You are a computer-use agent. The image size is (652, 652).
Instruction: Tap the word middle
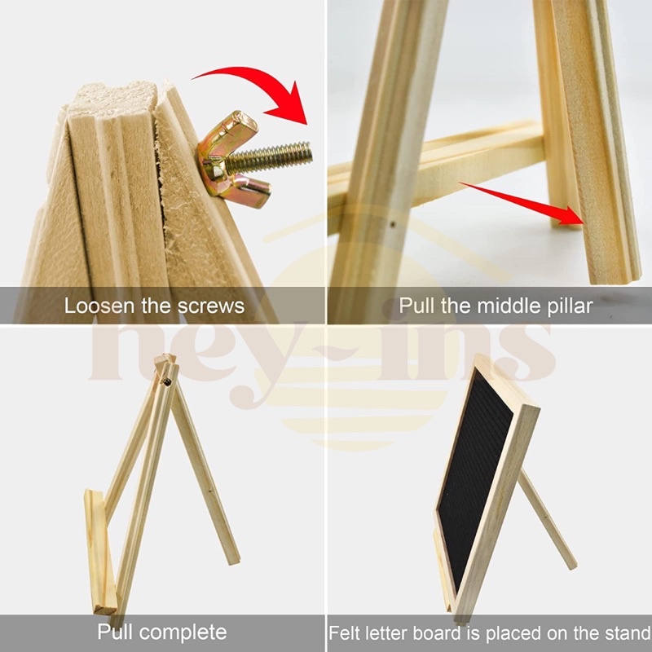[503, 306]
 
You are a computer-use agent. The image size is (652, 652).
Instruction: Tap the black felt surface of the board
[474, 478]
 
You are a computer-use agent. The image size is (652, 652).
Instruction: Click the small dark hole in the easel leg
[392, 225]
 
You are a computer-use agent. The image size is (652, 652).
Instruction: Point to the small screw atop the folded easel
[167, 381]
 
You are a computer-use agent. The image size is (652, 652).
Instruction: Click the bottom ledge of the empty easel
[99, 553]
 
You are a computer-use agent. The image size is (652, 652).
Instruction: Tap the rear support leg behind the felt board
[548, 520]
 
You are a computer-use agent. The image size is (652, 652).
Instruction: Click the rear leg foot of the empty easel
[232, 559]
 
